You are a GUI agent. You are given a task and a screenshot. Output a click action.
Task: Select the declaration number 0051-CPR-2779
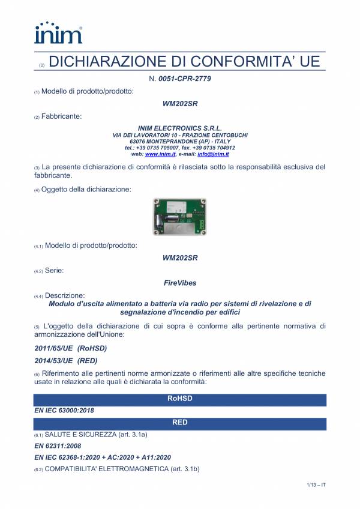(184, 79)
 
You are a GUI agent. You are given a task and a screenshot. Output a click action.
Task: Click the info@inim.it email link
(214, 154)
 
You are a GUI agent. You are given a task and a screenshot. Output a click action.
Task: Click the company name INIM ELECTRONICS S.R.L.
(179, 128)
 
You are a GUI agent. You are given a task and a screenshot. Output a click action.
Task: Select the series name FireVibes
(180, 282)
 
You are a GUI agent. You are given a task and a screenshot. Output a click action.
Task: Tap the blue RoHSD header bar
(180, 398)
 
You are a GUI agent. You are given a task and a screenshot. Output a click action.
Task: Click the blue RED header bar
(180, 423)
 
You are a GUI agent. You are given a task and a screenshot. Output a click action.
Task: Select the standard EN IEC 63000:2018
(64, 411)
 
